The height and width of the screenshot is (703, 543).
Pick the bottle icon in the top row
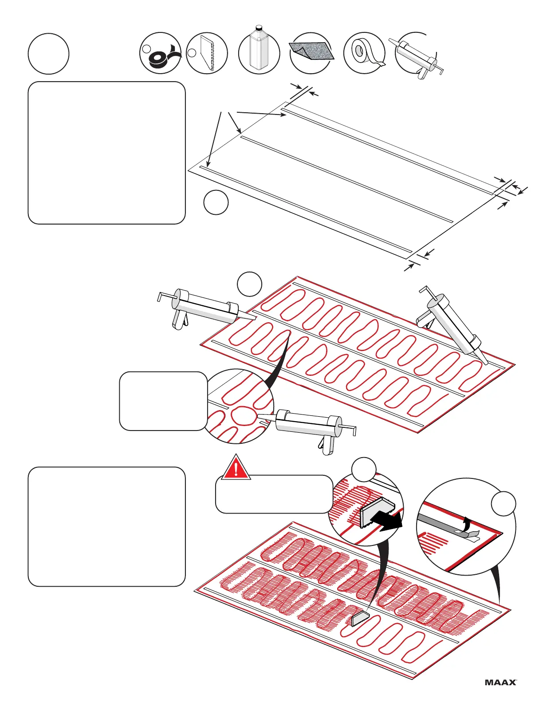259,50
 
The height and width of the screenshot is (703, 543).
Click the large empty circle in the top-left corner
48,54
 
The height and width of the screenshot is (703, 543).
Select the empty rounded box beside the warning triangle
274,495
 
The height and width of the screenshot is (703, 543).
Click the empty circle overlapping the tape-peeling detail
504,503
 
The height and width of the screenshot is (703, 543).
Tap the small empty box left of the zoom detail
163,401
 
